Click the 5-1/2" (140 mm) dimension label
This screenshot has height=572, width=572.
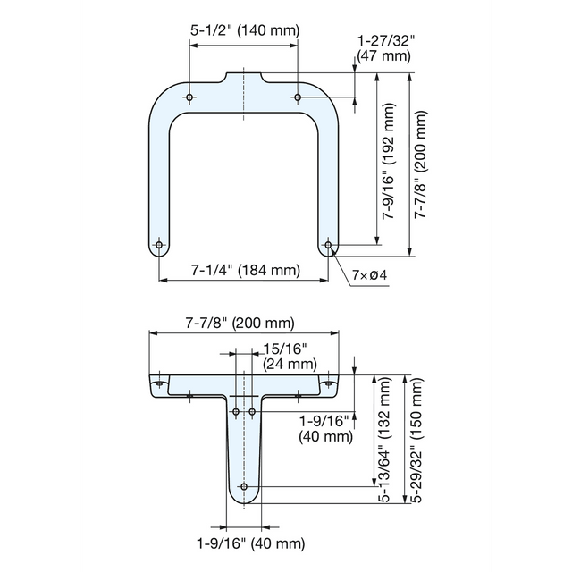(245, 31)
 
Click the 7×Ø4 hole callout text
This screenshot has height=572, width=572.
(368, 274)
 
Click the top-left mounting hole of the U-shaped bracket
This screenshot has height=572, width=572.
(190, 97)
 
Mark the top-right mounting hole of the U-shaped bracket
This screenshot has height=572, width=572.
(299, 97)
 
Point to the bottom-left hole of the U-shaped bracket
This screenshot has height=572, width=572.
(160, 244)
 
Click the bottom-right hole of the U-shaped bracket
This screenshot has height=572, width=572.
(329, 244)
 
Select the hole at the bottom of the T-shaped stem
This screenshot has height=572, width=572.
(244, 487)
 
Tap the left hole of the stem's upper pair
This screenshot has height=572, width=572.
(236, 412)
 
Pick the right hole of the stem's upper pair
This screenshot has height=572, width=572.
(252, 412)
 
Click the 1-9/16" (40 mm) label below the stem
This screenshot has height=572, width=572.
(250, 543)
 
